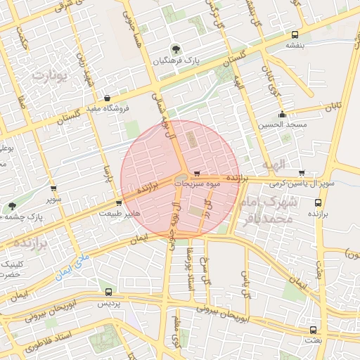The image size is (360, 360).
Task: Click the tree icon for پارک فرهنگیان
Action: pyautogui.click(x=174, y=50)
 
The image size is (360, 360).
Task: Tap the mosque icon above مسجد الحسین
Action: pyautogui.click(x=283, y=114)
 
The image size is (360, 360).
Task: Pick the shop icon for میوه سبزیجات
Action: pyautogui.click(x=196, y=173)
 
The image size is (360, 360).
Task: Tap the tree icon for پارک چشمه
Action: pyautogui.click(x=12, y=206)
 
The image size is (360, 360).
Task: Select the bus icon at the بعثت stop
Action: pyautogui.click(x=312, y=330)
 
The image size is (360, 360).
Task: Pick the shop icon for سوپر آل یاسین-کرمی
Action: pyautogui.click(x=302, y=173)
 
